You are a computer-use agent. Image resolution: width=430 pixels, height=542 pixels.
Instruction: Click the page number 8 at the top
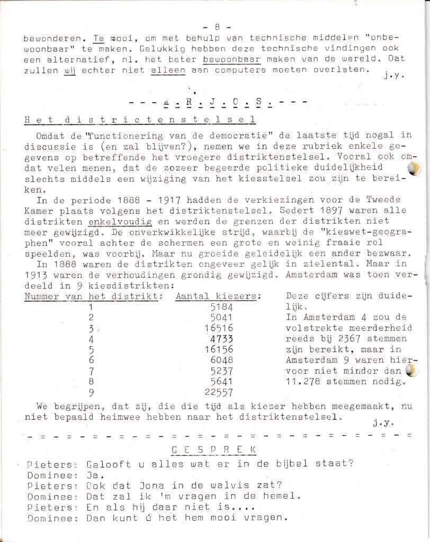[217, 26]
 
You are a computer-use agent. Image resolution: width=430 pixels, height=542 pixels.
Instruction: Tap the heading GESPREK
[215, 449]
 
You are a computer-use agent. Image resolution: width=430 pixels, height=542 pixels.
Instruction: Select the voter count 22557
[218, 392]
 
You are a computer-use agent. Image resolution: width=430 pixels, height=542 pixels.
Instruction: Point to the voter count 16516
[218, 328]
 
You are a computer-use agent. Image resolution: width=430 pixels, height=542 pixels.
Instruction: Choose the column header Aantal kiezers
[217, 296]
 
